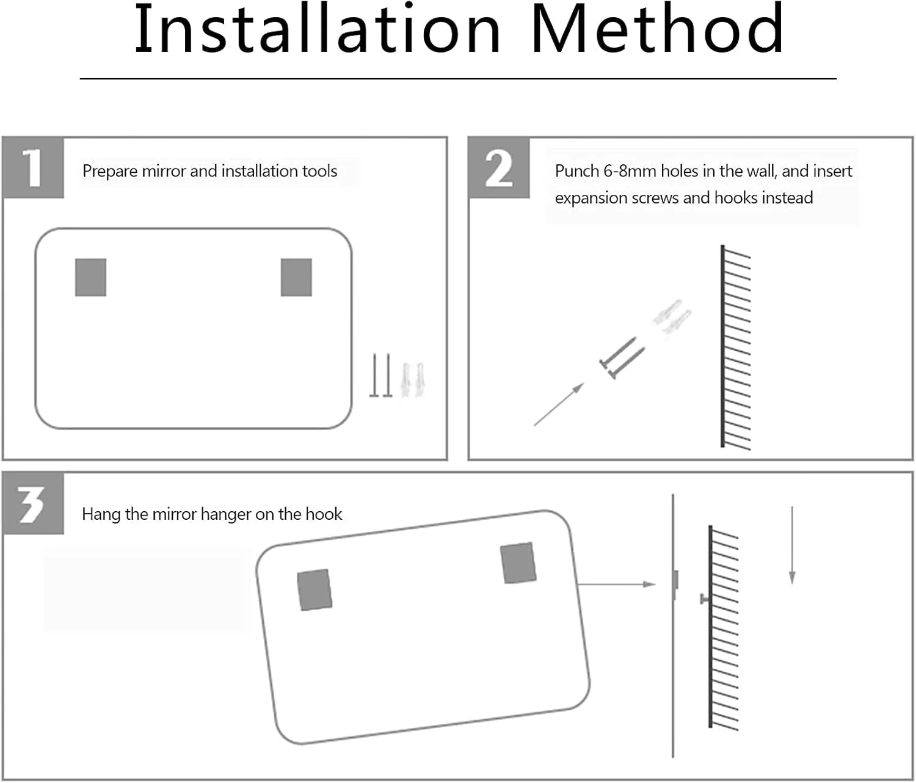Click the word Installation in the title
(318, 29)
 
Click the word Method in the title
(657, 29)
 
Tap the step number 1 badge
(33, 167)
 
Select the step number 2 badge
(499, 167)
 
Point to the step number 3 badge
(33, 503)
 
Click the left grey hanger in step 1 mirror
(90, 277)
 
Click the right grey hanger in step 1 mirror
(296, 277)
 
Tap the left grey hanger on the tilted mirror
(314, 590)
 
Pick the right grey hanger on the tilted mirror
(518, 563)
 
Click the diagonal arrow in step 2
(559, 404)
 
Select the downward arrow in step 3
(792, 545)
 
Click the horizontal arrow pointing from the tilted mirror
(616, 584)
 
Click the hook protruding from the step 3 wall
(705, 599)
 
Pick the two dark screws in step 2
(622, 357)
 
